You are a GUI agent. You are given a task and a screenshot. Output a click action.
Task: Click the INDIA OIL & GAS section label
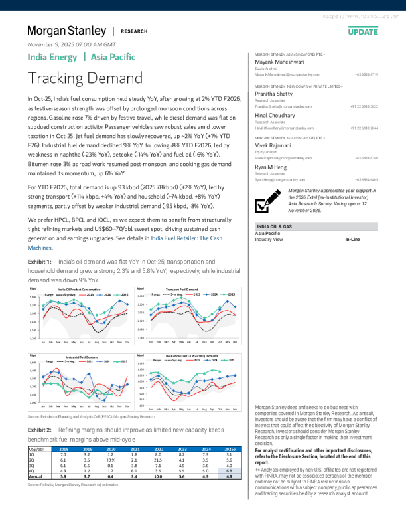point(275,228)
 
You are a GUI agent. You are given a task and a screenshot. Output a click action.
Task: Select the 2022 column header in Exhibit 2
point(158,450)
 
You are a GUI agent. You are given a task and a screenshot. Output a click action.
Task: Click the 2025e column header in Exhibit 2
point(230,450)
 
